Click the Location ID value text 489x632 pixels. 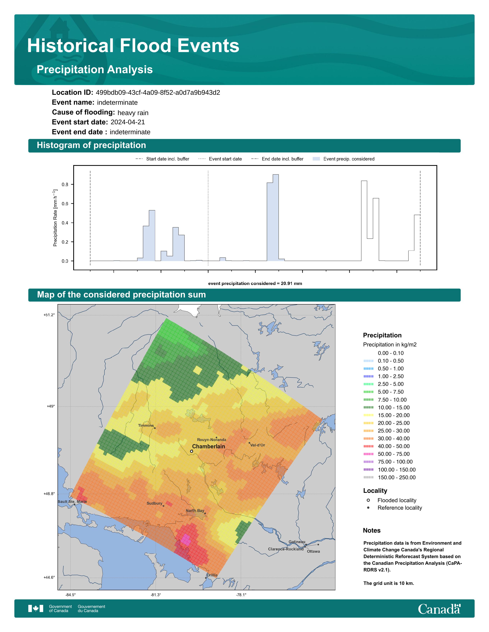(158, 93)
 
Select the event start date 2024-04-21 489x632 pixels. (128, 122)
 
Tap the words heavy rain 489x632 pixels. (133, 113)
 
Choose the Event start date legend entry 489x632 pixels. (220, 159)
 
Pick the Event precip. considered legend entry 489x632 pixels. (344, 159)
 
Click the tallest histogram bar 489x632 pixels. (276, 218)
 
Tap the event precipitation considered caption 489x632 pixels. (255, 284)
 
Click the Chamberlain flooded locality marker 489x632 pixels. (192, 451)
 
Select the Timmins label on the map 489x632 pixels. (146, 425)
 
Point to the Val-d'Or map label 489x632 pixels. (258, 445)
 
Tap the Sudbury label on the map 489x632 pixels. (154, 503)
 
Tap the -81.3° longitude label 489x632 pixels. (156, 595)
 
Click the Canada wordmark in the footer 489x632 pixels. (439, 609)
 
